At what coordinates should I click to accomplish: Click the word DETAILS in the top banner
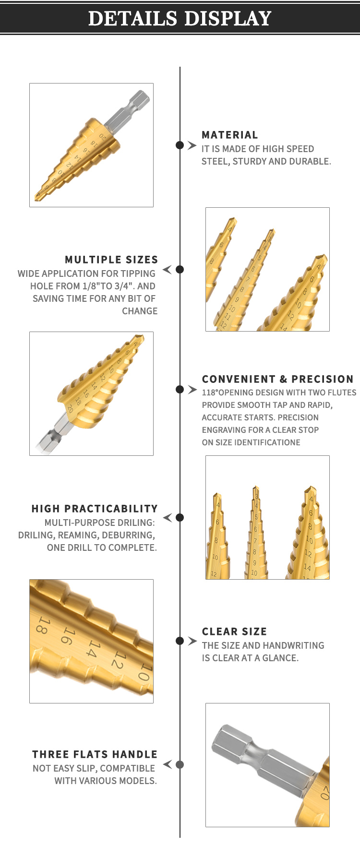(x=133, y=18)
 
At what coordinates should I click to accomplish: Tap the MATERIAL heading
(x=230, y=135)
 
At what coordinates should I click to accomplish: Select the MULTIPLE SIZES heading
(x=111, y=260)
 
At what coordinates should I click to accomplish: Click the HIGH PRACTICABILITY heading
(x=95, y=509)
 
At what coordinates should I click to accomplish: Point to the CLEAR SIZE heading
(x=234, y=631)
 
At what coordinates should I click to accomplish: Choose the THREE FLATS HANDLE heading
(x=95, y=754)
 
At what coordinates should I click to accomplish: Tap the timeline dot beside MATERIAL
(x=180, y=145)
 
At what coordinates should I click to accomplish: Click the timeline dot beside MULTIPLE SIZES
(x=180, y=269)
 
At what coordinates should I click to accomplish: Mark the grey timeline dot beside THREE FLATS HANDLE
(x=180, y=764)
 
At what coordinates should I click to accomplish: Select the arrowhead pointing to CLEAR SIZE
(x=192, y=641)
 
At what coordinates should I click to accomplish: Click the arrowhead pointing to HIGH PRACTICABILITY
(x=168, y=517)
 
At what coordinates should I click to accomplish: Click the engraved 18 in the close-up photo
(x=43, y=625)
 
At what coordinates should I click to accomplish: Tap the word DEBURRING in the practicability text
(x=129, y=535)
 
